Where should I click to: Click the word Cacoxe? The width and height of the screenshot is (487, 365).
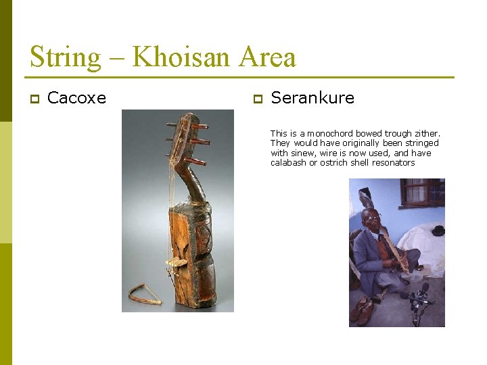click(x=76, y=98)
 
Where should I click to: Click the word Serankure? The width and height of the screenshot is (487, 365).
click(x=312, y=98)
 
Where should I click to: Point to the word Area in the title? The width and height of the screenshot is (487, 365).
click(x=266, y=57)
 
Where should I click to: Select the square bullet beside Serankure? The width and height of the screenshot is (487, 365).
click(x=256, y=99)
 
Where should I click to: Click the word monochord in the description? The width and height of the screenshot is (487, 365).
click(x=328, y=134)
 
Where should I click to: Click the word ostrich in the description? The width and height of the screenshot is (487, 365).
click(x=336, y=163)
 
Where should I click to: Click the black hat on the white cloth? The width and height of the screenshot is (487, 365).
click(x=438, y=230)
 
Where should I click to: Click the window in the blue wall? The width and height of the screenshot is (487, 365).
click(x=423, y=192)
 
